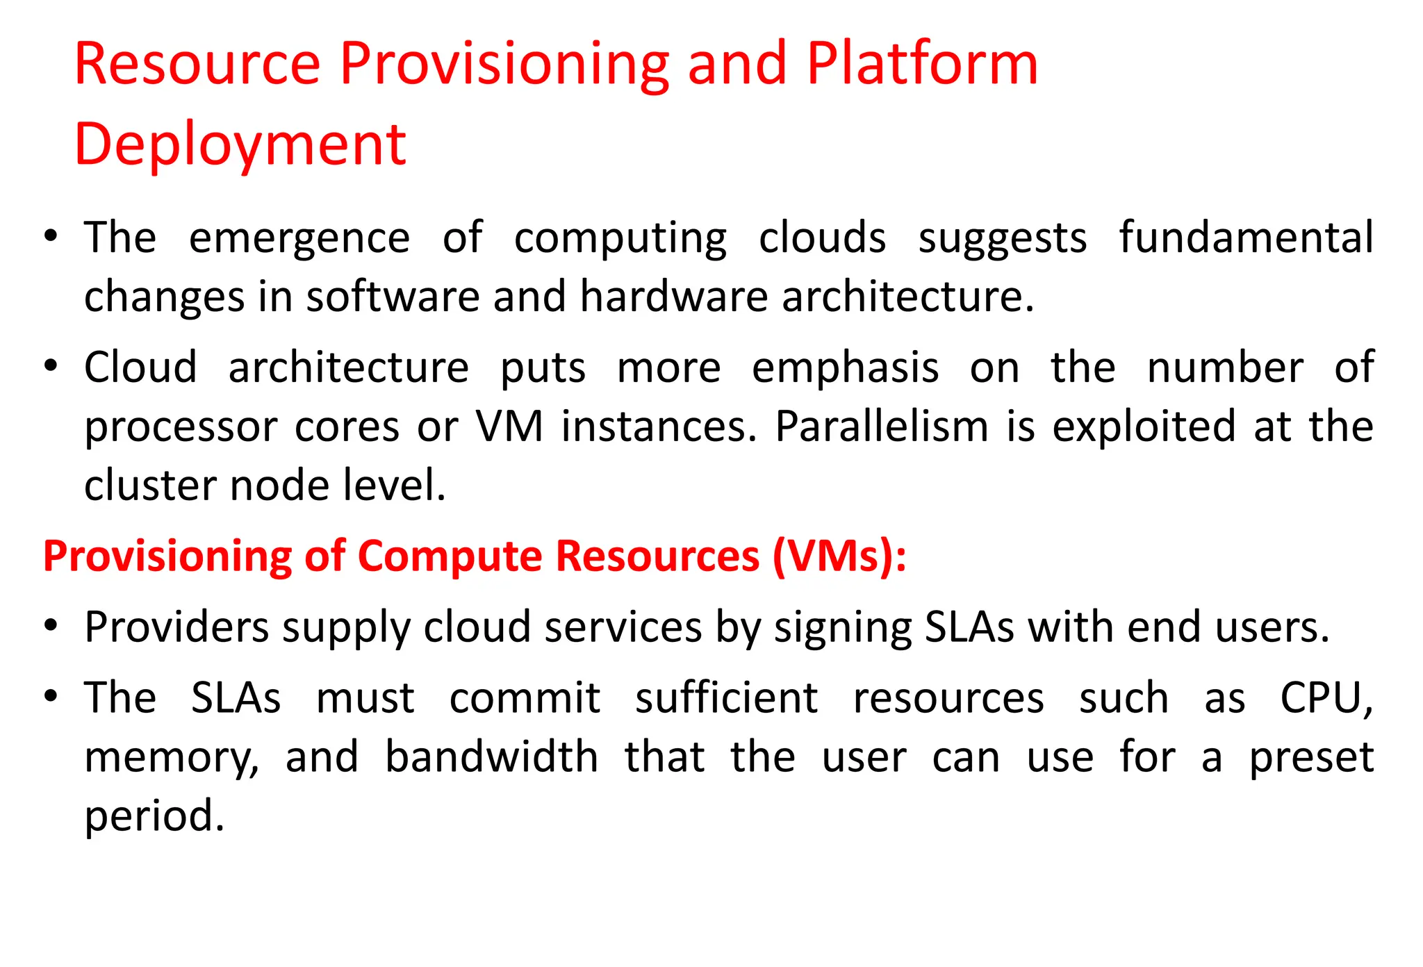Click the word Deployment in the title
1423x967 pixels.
click(240, 146)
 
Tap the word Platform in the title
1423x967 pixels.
click(922, 64)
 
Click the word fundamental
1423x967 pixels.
click(1246, 238)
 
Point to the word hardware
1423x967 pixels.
click(673, 297)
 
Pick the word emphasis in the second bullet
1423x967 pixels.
click(845, 367)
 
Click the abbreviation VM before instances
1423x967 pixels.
click(509, 426)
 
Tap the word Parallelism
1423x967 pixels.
click(881, 426)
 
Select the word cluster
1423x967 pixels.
click(149, 485)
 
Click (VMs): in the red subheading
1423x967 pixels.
click(839, 556)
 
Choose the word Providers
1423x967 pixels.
click(176, 628)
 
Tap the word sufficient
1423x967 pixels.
click(726, 698)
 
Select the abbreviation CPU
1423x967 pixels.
click(1324, 698)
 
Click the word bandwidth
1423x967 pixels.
click(491, 757)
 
